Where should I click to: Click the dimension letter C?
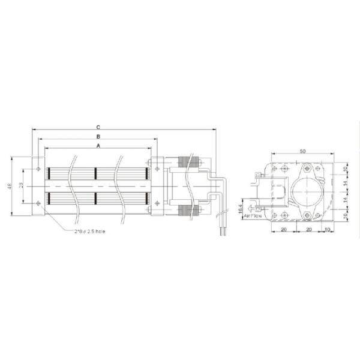coord(97,127)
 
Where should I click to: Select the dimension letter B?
coord(97,137)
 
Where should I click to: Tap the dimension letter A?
coord(97,146)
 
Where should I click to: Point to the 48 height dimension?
coord(10,187)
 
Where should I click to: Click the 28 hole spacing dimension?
coord(22,187)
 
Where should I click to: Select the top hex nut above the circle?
coord(308,170)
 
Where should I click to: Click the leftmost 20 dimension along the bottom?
coord(284,229)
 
